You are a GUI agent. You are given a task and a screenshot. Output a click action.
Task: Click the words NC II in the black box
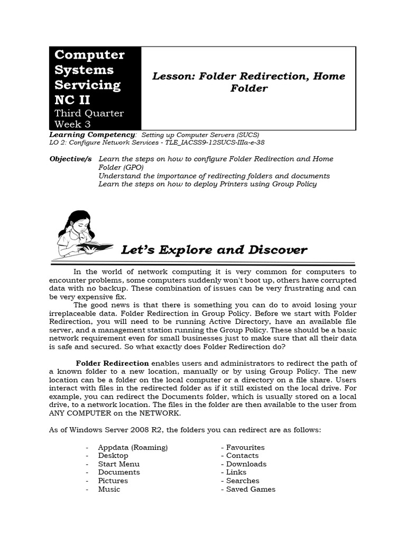tap(72, 100)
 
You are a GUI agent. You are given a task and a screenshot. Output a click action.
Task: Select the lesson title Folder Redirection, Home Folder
tap(248, 82)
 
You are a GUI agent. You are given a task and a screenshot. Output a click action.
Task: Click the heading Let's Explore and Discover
tap(214, 249)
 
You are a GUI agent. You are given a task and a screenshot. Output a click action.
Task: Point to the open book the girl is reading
tap(95, 246)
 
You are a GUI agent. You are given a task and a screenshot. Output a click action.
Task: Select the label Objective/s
tap(70, 159)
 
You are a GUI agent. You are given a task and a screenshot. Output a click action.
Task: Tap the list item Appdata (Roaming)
tap(133, 447)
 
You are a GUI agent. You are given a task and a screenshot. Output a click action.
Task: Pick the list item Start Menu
tap(119, 464)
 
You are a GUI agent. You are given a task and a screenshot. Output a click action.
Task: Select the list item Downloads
tap(246, 464)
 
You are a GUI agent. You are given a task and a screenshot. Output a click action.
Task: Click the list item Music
tap(109, 489)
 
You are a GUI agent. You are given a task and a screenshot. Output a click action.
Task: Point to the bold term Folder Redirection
tap(112, 363)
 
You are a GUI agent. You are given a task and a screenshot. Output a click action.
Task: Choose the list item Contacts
tap(242, 456)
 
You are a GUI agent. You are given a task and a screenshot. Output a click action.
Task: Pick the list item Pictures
tap(113, 481)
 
